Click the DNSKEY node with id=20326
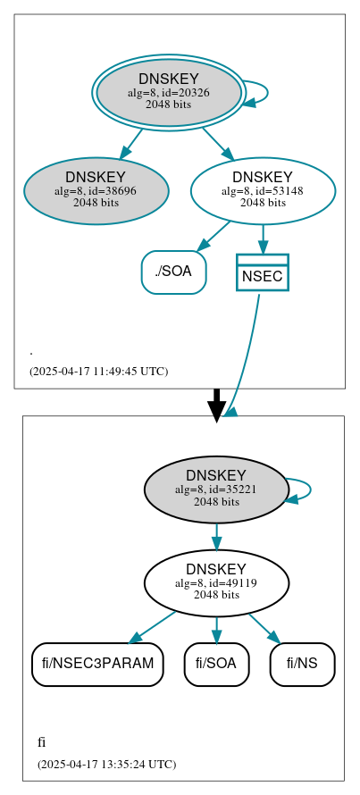168,92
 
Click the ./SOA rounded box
173,272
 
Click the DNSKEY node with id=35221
216,490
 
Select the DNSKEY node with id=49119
216,583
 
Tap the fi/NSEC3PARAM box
97,664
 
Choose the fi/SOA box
216,664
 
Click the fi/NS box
302,664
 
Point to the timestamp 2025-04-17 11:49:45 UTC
98,371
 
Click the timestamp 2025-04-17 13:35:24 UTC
106,764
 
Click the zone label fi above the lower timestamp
42,742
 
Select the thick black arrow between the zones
216,404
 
